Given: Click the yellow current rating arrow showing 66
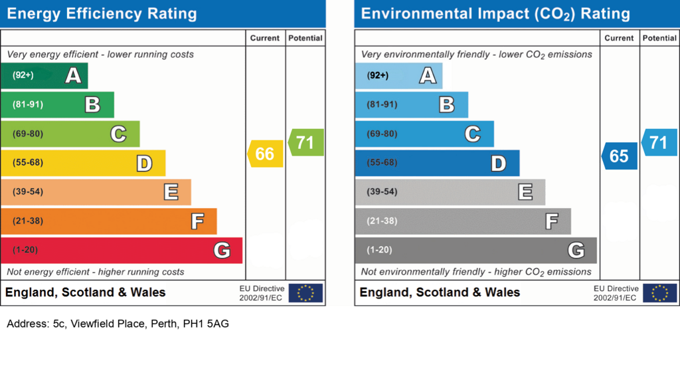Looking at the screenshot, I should [x=266, y=154].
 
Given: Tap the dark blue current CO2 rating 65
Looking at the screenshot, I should [x=620, y=156].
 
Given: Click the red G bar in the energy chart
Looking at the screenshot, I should [x=121, y=250].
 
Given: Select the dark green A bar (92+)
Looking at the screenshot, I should [x=44, y=75].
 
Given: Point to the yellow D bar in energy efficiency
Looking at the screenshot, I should [x=82, y=163].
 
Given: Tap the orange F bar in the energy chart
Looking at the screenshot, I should [x=108, y=221].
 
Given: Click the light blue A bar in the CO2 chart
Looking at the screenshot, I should [x=398, y=75].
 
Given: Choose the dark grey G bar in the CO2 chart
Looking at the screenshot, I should [x=475, y=250].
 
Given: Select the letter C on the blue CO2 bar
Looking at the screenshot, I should [x=472, y=134].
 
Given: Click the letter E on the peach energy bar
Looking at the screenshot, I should [x=171, y=192].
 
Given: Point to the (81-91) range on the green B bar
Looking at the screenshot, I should [x=28, y=104].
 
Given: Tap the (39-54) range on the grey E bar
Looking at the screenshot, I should [x=382, y=192].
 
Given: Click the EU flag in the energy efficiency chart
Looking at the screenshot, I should [x=305, y=293].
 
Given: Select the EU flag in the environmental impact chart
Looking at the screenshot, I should [x=659, y=293].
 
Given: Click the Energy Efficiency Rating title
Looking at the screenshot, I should [x=102, y=14].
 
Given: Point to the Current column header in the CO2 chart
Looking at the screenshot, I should [x=619, y=38].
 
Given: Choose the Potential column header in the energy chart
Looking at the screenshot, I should [x=305, y=38].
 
